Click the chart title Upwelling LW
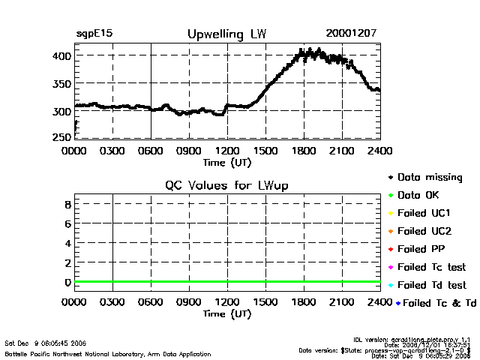(226, 34)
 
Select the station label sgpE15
(94, 34)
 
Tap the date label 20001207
(352, 34)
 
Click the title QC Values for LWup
(226, 185)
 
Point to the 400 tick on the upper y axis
(62, 56)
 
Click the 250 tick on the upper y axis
(62, 137)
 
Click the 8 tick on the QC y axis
(67, 204)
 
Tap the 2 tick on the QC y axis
(67, 262)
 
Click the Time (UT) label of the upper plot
(227, 162)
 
